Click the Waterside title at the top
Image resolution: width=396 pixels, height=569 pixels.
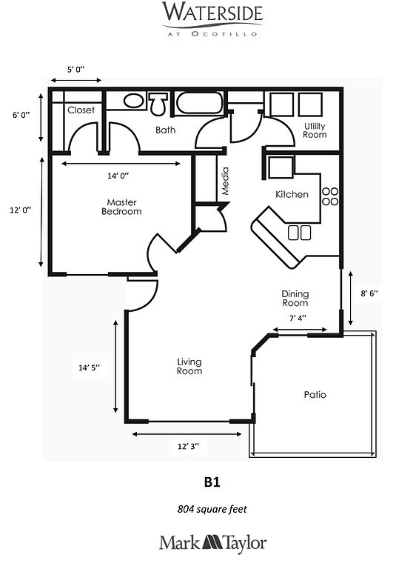tap(212, 13)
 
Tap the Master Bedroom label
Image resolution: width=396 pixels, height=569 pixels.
tap(121, 207)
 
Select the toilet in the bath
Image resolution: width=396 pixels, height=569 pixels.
tap(158, 104)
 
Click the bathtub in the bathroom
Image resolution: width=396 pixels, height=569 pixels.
tap(199, 104)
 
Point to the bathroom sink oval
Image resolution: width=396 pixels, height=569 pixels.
tap(133, 101)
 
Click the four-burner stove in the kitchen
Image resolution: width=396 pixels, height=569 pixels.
tap(330, 196)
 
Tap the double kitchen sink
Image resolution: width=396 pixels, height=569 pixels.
tap(300, 233)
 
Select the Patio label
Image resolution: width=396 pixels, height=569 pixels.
tap(315, 394)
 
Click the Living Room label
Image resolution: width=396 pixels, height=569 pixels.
tap(189, 366)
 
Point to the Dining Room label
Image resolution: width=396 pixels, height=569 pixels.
tap(295, 299)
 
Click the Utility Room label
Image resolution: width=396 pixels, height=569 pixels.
tap(315, 130)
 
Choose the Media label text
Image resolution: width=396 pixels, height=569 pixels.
tap(225, 181)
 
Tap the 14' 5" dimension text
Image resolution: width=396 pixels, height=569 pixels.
tap(90, 367)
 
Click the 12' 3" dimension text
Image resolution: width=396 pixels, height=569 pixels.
tap(188, 446)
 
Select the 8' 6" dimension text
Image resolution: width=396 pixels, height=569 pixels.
tap(369, 293)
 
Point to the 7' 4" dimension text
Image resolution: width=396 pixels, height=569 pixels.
tap(298, 319)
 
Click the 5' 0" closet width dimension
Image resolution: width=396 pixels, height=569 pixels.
tap(75, 70)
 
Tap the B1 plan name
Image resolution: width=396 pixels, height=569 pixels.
tap(212, 482)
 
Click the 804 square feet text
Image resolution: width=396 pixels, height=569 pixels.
tap(212, 509)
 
